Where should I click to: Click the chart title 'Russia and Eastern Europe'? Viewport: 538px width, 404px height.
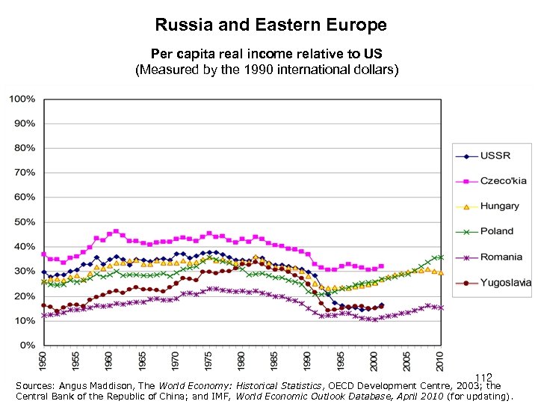pyautogui.click(x=270, y=25)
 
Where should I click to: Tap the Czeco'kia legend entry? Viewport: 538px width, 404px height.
pyautogui.click(x=501, y=180)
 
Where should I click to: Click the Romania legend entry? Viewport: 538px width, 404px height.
pyautogui.click(x=501, y=257)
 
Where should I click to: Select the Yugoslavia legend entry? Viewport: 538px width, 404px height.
pyautogui.click(x=505, y=282)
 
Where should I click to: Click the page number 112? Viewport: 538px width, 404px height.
pyautogui.click(x=483, y=379)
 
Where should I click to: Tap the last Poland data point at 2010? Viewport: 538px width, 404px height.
pyautogui.click(x=441, y=257)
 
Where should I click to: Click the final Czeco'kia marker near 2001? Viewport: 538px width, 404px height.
pyautogui.click(x=381, y=266)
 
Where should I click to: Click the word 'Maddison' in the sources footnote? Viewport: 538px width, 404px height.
pyautogui.click(x=118, y=386)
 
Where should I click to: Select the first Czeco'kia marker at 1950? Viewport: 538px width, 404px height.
pyautogui.click(x=43, y=254)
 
